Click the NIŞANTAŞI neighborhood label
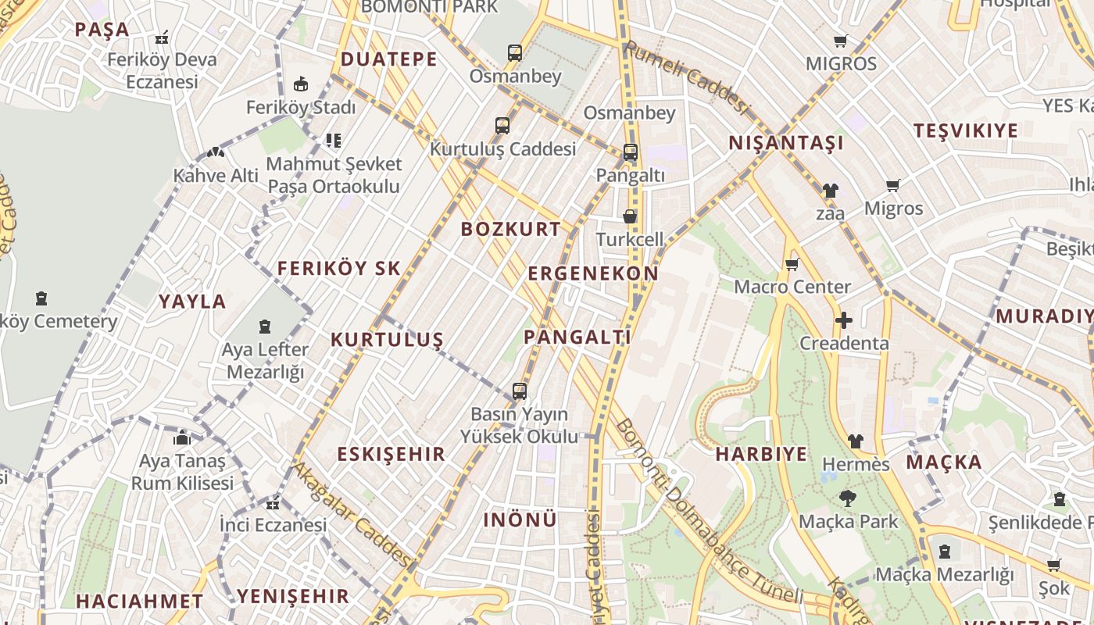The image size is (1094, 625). [786, 143]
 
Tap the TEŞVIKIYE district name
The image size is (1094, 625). [966, 130]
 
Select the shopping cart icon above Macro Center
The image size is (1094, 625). [792, 264]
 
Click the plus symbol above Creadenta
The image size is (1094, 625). [843, 320]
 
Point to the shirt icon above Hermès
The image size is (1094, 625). [856, 441]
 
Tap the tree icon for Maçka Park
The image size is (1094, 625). [847, 498]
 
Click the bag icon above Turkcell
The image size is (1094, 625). [630, 216]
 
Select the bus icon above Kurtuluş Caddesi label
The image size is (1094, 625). [502, 125]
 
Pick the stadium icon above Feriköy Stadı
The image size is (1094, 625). [300, 84]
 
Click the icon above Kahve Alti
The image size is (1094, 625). [215, 153]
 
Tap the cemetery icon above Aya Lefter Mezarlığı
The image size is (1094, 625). [265, 326]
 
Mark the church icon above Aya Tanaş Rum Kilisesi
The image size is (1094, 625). [182, 437]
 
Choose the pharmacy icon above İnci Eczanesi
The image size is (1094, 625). [272, 502]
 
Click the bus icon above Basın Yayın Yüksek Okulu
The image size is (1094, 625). [520, 391]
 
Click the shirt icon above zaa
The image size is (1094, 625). [830, 190]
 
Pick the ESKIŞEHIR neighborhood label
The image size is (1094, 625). [391, 454]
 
